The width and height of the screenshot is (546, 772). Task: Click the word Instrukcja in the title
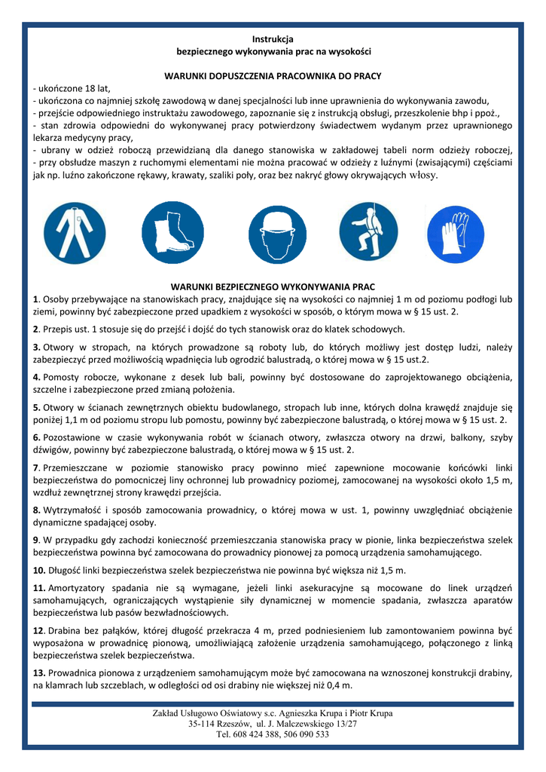pyautogui.click(x=273, y=38)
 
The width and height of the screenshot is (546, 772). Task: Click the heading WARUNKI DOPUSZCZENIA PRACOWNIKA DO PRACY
pyautogui.click(x=273, y=76)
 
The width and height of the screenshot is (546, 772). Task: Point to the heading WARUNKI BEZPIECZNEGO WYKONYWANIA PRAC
pyautogui.click(x=273, y=287)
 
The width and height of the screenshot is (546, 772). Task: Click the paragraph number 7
pyautogui.click(x=36, y=467)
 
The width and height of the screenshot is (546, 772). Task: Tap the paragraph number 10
pyautogui.click(x=38, y=570)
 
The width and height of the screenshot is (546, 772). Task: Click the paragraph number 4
pyautogui.click(x=36, y=376)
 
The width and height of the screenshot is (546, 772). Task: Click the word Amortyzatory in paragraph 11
pyautogui.click(x=76, y=587)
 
